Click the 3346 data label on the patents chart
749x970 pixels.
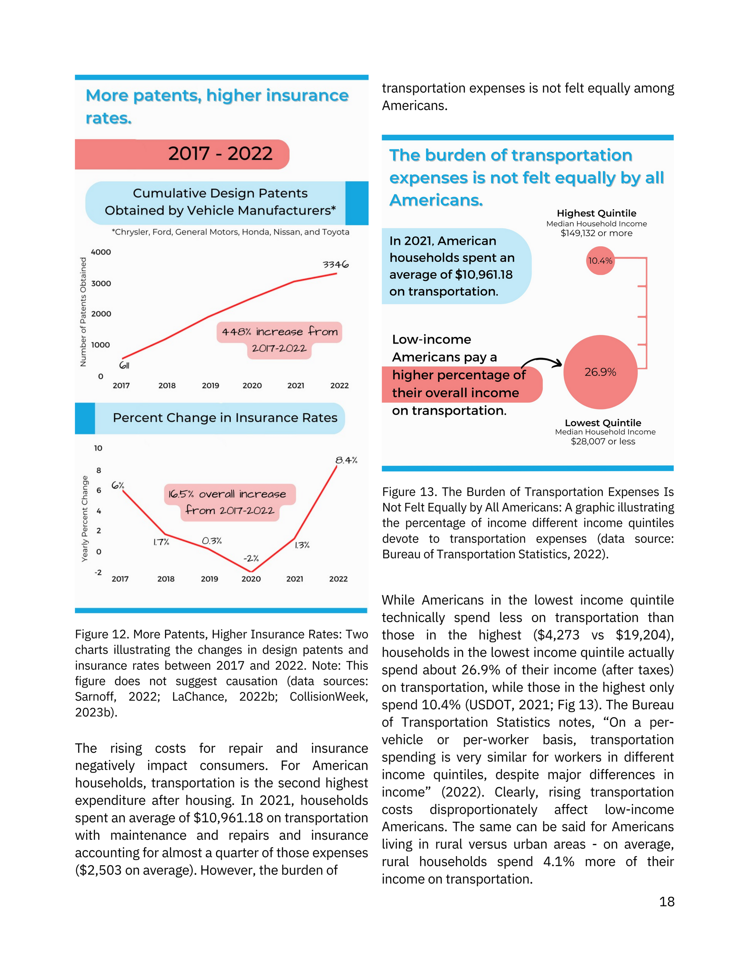336,265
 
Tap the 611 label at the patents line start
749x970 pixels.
124,365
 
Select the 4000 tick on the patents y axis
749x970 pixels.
101,252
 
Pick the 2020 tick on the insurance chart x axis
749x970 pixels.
251,579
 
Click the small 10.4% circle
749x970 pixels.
600,261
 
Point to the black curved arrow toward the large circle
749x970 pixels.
542,361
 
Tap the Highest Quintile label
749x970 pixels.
596,213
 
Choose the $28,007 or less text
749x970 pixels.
603,442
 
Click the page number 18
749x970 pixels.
666,902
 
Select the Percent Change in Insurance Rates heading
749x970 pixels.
225,418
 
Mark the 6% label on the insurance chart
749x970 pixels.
118,485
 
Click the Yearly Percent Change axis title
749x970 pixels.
85,518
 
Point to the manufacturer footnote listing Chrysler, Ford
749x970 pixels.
230,232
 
